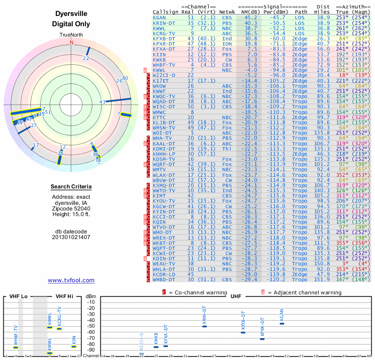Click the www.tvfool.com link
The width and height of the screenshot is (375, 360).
click(x=71, y=280)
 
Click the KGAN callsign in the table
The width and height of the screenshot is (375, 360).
click(x=159, y=17)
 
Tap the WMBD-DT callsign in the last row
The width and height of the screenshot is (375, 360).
click(x=164, y=279)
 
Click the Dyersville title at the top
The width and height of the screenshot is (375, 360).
click(x=71, y=15)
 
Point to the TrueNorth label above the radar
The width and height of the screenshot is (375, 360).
click(x=71, y=36)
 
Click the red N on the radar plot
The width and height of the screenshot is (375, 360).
click(x=72, y=42)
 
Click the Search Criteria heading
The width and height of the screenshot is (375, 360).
click(x=71, y=187)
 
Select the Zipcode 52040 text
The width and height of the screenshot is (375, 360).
click(x=71, y=209)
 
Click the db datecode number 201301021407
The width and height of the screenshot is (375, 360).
click(x=71, y=237)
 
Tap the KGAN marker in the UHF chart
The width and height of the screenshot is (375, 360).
click(x=282, y=324)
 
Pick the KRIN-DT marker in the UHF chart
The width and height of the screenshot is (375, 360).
click(x=204, y=326)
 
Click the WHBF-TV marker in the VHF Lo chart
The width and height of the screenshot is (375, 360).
click(x=16, y=347)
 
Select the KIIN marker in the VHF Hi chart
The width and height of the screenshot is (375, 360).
click(x=74, y=346)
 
